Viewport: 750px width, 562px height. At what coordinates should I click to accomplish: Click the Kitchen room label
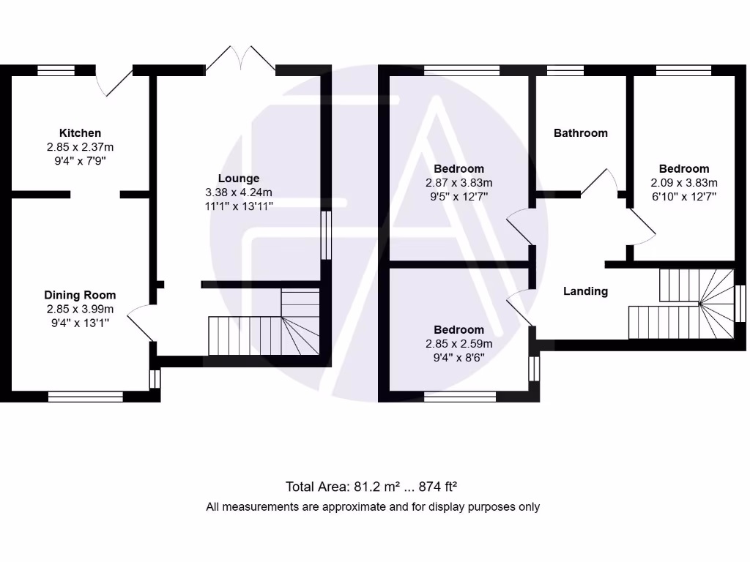pos(80,133)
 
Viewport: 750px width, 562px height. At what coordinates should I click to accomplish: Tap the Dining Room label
pos(80,295)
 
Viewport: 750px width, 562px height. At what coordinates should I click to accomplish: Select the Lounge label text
pos(239,178)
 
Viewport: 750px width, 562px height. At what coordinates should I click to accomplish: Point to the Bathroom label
pos(581,132)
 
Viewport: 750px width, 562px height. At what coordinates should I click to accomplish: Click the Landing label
pos(585,291)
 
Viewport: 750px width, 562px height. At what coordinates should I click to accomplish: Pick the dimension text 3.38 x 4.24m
pos(239,192)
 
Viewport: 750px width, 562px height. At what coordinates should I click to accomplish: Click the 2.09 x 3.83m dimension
pos(684,182)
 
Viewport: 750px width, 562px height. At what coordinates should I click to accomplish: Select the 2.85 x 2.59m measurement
pos(458,343)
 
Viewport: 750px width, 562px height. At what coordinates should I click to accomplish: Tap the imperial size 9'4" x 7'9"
pos(80,160)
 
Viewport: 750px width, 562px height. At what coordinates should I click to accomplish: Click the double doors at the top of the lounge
pos(240,59)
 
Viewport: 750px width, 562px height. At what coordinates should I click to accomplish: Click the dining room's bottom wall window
pos(86,397)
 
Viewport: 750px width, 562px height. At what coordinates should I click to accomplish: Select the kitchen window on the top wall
pos(56,70)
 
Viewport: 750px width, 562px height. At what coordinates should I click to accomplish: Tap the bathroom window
pos(565,70)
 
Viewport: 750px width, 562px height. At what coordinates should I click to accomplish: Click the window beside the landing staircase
pos(740,303)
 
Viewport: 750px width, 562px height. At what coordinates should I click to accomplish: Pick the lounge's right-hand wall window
pos(326,235)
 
